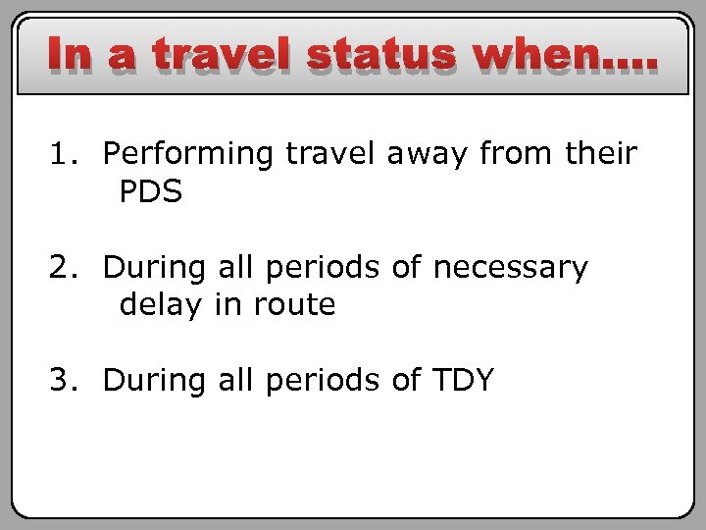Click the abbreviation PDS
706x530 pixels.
tap(151, 192)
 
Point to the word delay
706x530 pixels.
tap(158, 305)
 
